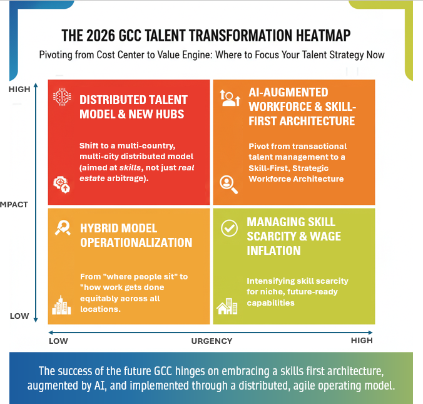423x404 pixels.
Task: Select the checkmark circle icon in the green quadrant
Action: click(x=230, y=229)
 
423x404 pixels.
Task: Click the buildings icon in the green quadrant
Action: click(x=227, y=306)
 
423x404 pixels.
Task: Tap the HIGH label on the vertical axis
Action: click(x=19, y=90)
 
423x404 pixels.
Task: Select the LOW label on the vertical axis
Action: click(x=19, y=316)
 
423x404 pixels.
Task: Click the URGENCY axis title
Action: click(x=211, y=341)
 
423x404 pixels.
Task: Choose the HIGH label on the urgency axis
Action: click(x=362, y=341)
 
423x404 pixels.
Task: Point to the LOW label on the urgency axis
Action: click(x=58, y=341)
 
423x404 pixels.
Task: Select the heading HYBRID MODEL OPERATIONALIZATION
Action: click(x=136, y=235)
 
